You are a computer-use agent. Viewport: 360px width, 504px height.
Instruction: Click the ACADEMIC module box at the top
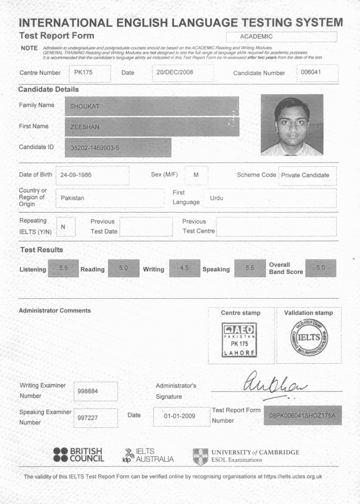[281, 37]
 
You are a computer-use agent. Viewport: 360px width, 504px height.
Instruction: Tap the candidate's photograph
[292, 125]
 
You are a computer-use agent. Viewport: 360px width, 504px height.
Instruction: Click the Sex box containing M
[196, 175]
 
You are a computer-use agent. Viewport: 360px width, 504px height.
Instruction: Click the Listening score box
[63, 268]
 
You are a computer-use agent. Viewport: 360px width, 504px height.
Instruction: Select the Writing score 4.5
[184, 268]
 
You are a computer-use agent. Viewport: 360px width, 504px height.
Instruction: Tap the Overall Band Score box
[320, 268]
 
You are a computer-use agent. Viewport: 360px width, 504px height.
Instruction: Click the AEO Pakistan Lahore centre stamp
[240, 340]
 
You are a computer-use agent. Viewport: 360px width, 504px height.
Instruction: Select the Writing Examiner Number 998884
[95, 391]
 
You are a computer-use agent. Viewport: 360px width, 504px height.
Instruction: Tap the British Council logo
[78, 455]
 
